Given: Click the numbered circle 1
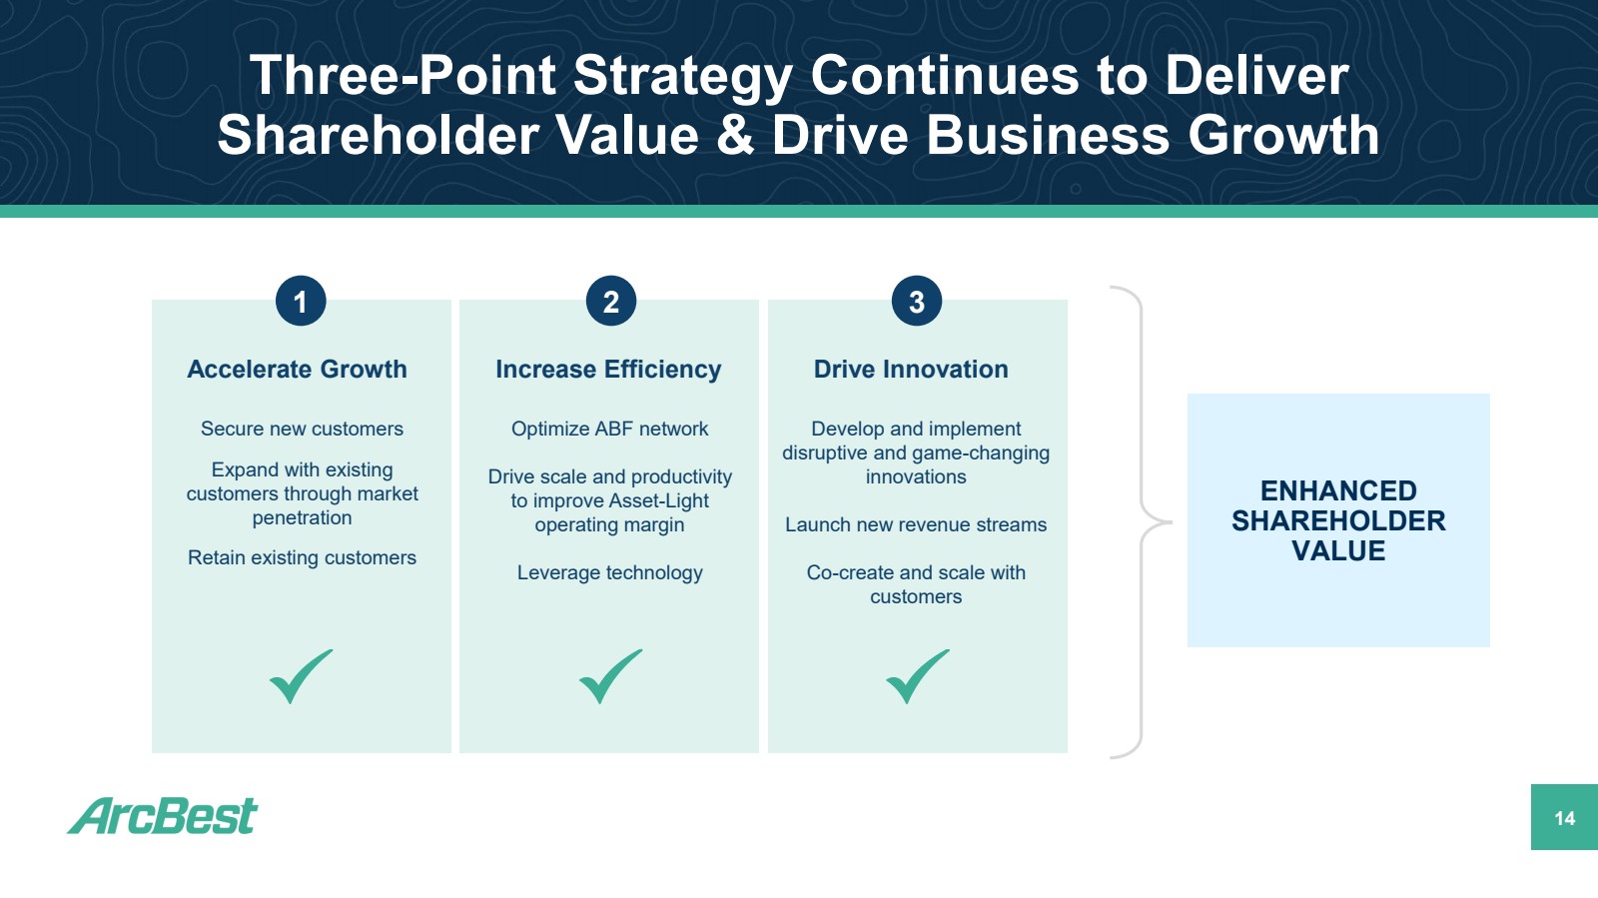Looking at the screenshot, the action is coord(301,301).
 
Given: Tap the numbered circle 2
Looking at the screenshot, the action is coord(610,301).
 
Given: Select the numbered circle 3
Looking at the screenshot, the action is coord(917,301).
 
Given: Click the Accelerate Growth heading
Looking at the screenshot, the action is coord(297,369).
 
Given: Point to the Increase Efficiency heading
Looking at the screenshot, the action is coord(608,370).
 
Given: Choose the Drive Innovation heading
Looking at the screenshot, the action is coord(911,369).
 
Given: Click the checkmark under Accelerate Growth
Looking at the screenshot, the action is coord(301,676).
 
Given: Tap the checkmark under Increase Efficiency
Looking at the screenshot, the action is coord(610,676).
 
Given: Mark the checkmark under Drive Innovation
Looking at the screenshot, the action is coord(918,676).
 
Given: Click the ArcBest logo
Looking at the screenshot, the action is coord(163,815).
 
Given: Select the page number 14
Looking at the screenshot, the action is coord(1564,818).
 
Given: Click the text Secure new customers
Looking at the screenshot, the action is coord(302,429).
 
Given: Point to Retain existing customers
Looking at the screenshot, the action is coord(302,557).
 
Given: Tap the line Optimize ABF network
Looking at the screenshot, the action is coord(610,429).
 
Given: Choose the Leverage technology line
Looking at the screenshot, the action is coord(610,572).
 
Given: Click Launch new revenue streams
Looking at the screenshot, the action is coord(916,525).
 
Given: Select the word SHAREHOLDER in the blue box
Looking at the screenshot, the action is coord(1338,520).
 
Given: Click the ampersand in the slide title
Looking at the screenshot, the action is coord(735,136).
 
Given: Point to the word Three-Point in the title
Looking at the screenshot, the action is coord(402,76).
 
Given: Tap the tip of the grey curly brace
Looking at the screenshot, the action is coord(1172,522).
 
